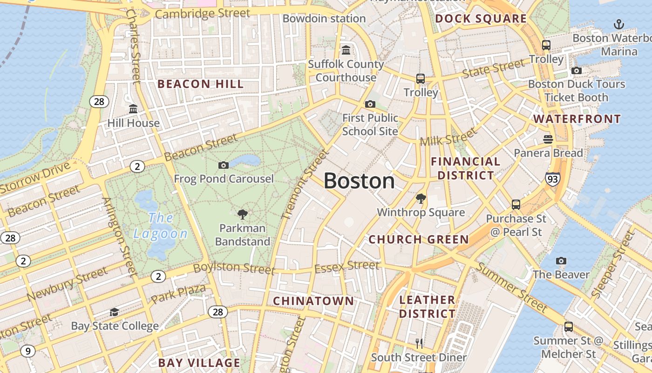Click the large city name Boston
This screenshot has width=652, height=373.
pyautogui.click(x=359, y=181)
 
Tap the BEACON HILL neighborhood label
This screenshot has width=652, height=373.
pyautogui.click(x=201, y=84)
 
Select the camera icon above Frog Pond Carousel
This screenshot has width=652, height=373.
pyautogui.click(x=224, y=165)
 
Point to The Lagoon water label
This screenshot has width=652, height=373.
pyautogui.click(x=161, y=226)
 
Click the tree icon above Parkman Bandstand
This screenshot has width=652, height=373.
pyautogui.click(x=242, y=214)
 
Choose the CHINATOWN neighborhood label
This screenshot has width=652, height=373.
pyautogui.click(x=313, y=301)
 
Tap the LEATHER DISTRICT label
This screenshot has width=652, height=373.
pyautogui.click(x=427, y=306)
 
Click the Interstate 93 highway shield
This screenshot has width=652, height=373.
pyautogui.click(x=553, y=179)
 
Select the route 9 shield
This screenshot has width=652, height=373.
pyautogui.click(x=27, y=351)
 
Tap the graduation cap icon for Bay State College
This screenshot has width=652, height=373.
pyautogui.click(x=114, y=312)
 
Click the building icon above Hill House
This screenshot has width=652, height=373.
pyautogui.click(x=133, y=109)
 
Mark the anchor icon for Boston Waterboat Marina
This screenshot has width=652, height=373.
pyautogui.click(x=619, y=24)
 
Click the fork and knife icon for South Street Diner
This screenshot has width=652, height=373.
pyautogui.click(x=419, y=344)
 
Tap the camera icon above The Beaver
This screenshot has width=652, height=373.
pyautogui.click(x=561, y=261)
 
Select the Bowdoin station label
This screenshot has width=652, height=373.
pyautogui.click(x=324, y=19)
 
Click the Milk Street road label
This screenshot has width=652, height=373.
pyautogui.click(x=448, y=137)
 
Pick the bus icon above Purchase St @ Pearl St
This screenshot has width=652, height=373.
pyautogui.click(x=516, y=204)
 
